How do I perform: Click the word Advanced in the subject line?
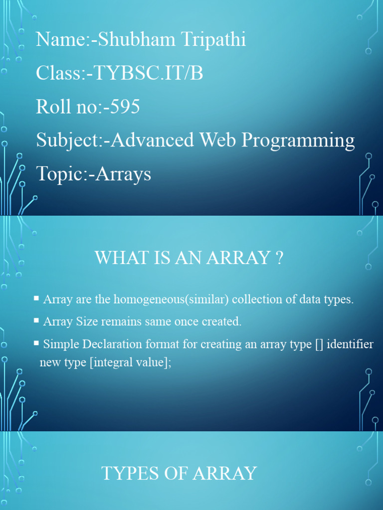pyautogui.click(x=153, y=140)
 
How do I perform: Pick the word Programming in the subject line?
pyautogui.click(x=298, y=140)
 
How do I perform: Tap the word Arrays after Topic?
pyautogui.click(x=123, y=174)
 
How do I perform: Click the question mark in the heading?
pyautogui.click(x=279, y=258)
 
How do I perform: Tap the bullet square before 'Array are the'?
pyautogui.click(x=36, y=298)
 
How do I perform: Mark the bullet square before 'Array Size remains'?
pyautogui.click(x=36, y=320)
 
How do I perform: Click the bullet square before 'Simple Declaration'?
pyautogui.click(x=36, y=343)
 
